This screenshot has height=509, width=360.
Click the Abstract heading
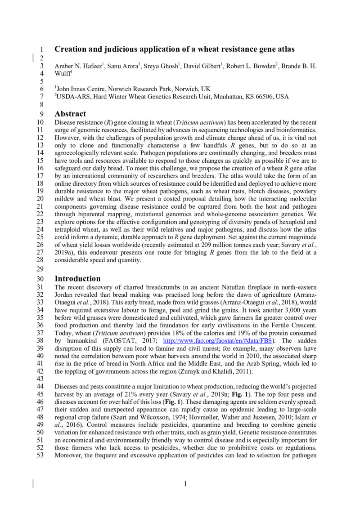point(70,114)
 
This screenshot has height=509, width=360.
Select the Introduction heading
point(77,278)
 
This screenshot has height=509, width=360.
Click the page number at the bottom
point(185,484)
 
